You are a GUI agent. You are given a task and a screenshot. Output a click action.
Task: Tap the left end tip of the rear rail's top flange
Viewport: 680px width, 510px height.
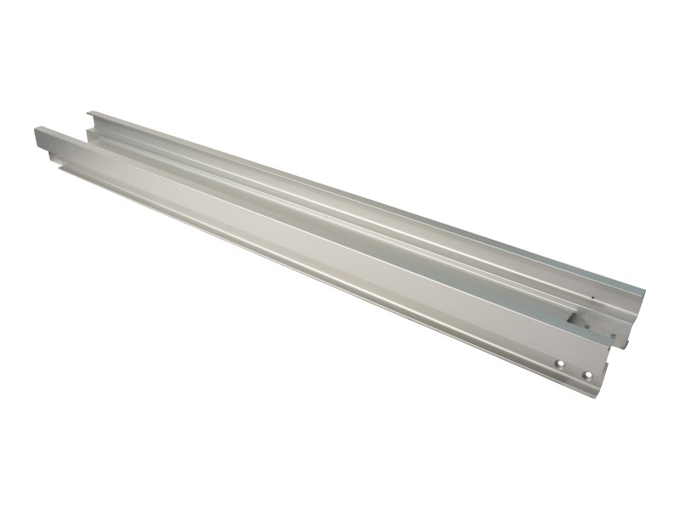89,112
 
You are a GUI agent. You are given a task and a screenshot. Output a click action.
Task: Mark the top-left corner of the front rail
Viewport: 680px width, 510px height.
36,128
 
